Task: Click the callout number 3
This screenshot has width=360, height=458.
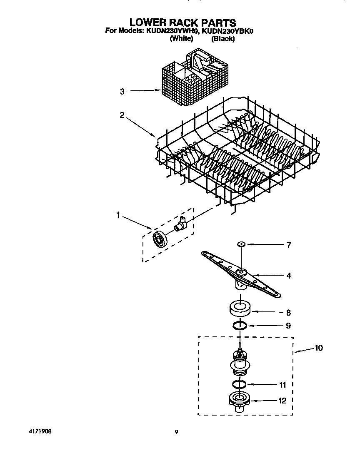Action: (x=122, y=92)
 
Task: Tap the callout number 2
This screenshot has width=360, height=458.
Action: (x=122, y=115)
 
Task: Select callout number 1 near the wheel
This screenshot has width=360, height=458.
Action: (x=118, y=215)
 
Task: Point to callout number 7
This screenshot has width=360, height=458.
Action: (x=289, y=245)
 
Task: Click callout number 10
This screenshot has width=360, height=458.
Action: (x=318, y=348)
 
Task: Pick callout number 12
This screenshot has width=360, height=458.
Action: (x=282, y=401)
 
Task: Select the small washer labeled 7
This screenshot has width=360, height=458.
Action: (x=241, y=244)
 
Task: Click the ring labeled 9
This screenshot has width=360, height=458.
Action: (x=240, y=325)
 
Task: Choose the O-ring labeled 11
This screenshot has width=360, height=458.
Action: (x=239, y=384)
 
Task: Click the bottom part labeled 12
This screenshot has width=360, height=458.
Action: (x=239, y=402)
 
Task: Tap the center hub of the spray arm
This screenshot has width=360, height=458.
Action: (x=241, y=273)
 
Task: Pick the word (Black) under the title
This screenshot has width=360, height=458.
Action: (x=223, y=39)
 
